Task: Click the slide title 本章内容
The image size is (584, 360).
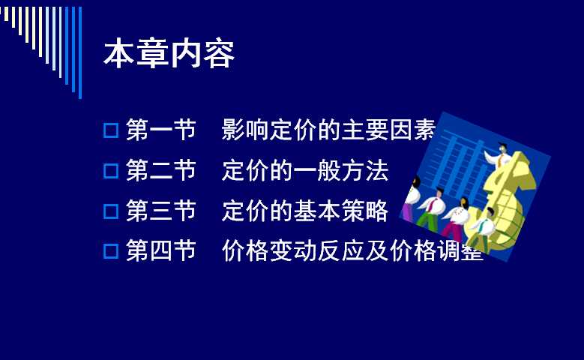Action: point(169,53)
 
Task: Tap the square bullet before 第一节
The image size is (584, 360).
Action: point(111,130)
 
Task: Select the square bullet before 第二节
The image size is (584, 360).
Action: point(111,171)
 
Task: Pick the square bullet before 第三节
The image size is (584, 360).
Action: point(111,211)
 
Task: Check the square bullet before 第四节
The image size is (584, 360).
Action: point(111,251)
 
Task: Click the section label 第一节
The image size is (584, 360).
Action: point(161,130)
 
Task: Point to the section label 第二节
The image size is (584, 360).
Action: point(161,170)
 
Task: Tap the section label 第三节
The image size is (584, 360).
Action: point(161,211)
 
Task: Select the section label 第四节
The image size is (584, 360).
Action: point(161,250)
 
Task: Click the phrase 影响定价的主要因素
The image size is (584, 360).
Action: point(328,130)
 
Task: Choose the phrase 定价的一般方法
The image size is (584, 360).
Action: point(305,170)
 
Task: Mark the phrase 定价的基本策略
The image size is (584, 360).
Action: point(305,211)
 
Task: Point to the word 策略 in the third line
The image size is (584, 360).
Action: point(365,211)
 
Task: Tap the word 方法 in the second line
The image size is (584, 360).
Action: point(365,170)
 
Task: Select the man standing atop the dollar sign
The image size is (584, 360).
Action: point(499,155)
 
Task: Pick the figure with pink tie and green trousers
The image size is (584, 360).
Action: point(432,208)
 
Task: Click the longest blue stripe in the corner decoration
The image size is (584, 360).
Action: point(80,52)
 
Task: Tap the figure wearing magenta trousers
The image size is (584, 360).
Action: point(457,220)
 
